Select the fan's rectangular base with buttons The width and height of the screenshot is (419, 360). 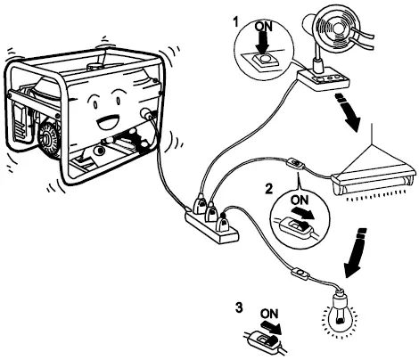point(326,81)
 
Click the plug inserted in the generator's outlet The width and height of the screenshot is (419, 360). point(145,116)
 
